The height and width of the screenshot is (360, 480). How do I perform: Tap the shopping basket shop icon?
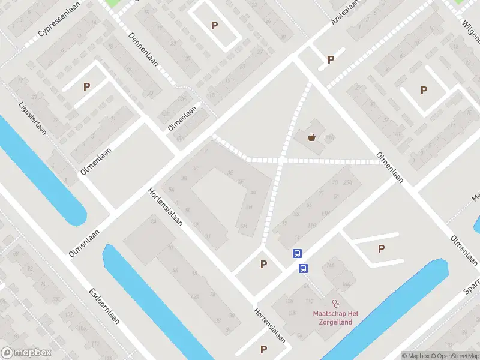[x=312, y=137]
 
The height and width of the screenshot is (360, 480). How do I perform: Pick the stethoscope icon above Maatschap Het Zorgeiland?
[x=335, y=304]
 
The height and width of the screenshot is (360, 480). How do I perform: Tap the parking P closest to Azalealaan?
[x=330, y=60]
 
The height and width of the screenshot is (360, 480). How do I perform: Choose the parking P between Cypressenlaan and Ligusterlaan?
[x=86, y=86]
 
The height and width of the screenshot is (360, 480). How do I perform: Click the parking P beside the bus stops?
[x=263, y=264]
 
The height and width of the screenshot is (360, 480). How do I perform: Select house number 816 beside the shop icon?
[x=329, y=139]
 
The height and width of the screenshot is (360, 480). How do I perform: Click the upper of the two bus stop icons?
[x=297, y=254]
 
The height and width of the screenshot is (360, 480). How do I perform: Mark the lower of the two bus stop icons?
[x=304, y=268]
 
